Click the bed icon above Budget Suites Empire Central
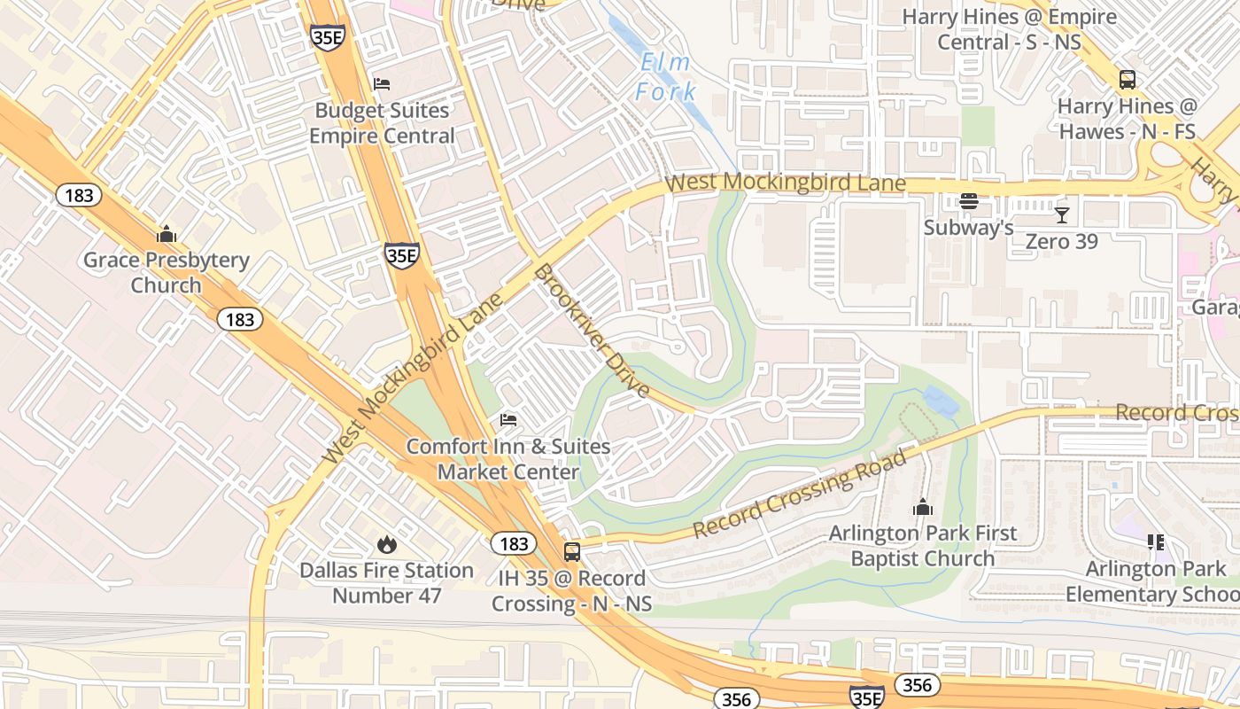click(382, 84)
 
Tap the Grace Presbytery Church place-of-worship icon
click(166, 235)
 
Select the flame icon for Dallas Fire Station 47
click(386, 544)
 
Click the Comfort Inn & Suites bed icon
click(508, 419)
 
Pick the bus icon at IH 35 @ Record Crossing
click(572, 552)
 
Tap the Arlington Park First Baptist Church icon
click(923, 508)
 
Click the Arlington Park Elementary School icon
click(1155, 541)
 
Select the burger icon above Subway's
click(969, 201)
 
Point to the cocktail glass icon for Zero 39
click(1061, 214)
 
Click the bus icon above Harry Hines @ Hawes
click(1128, 80)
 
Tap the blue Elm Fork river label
click(666, 77)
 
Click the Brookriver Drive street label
click(592, 331)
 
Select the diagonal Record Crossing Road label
click(800, 494)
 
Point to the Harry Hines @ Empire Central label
click(1009, 29)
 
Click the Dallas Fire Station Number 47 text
click(386, 582)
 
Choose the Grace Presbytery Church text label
click(166, 273)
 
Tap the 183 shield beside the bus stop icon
click(513, 544)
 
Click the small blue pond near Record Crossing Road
click(941, 403)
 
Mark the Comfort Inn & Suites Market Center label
click(508, 458)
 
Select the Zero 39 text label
click(1061, 241)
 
